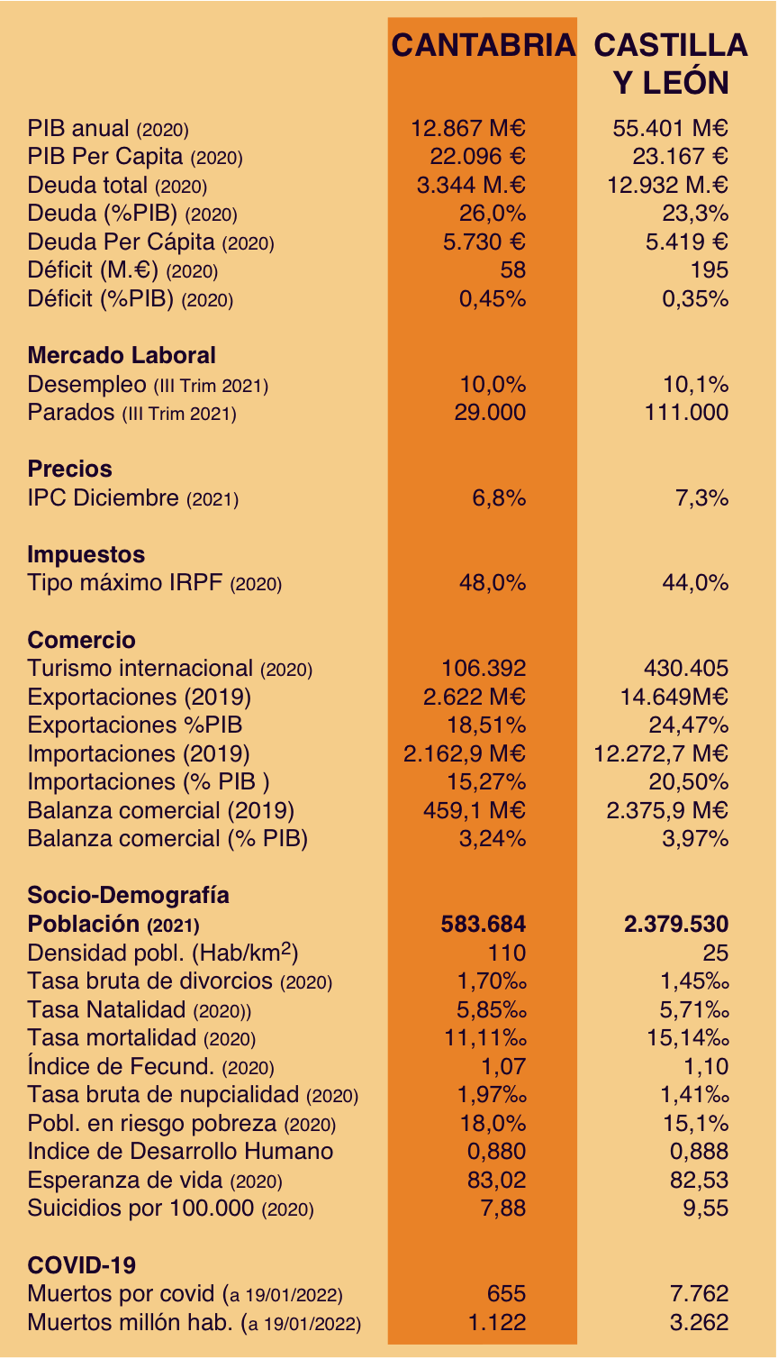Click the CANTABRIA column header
pyautogui.click(x=484, y=45)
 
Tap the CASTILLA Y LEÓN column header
pyautogui.click(x=671, y=64)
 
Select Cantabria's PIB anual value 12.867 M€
pyautogui.click(x=468, y=128)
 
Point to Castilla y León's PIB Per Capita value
pyautogui.click(x=680, y=157)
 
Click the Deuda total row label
pyautogui.click(x=117, y=185)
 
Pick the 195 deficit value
pyautogui.click(x=710, y=270)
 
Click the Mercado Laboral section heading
pyautogui.click(x=122, y=356)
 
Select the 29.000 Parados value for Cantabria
pyautogui.click(x=490, y=413)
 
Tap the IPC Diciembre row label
pyautogui.click(x=132, y=498)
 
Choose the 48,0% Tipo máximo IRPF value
pyautogui.click(x=493, y=583)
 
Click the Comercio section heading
pyautogui.click(x=81, y=640)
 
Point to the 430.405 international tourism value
pyautogui.click(x=686, y=669)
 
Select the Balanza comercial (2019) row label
pyautogui.click(x=160, y=810)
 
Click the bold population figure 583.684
pyautogui.click(x=484, y=924)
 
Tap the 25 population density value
pyautogui.click(x=716, y=953)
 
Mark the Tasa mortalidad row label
pyautogui.click(x=141, y=1038)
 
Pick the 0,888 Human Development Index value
pyautogui.click(x=699, y=1152)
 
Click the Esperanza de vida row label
pyautogui.click(x=155, y=1180)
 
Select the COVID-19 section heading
pyautogui.click(x=81, y=1265)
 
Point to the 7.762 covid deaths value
pyautogui.click(x=699, y=1293)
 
